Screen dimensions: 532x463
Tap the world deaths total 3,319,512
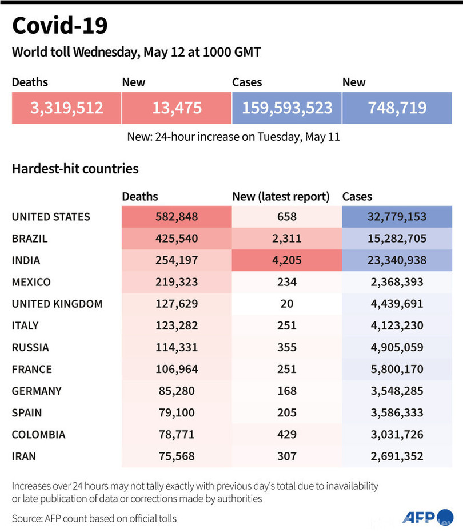pyautogui.click(x=66, y=107)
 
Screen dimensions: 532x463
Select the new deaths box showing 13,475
pyautogui.click(x=177, y=107)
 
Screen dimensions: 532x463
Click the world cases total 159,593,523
pyautogui.click(x=286, y=107)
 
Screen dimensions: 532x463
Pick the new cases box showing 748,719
pyautogui.click(x=397, y=107)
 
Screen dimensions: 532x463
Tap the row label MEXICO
pyautogui.click(x=31, y=282)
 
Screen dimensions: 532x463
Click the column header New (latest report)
pyautogui.click(x=281, y=196)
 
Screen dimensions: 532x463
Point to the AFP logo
pyautogui.click(x=420, y=517)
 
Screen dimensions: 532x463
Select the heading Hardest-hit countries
pyautogui.click(x=75, y=169)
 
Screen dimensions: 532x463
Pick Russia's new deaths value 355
pyautogui.click(x=286, y=347)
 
